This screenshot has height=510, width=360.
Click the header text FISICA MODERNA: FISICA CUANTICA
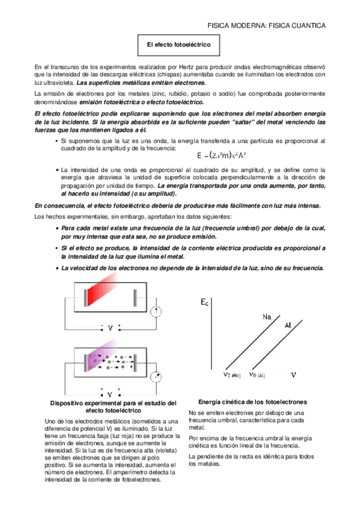(x=266, y=26)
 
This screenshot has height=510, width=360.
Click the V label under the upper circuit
(x=111, y=328)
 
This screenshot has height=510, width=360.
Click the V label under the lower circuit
(x=111, y=394)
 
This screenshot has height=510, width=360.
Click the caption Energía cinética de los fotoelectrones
(x=252, y=401)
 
